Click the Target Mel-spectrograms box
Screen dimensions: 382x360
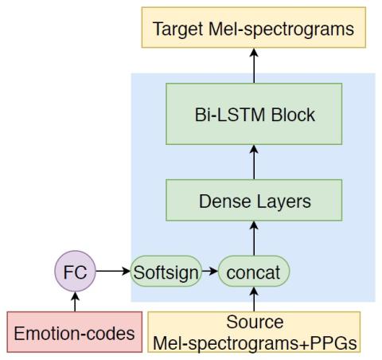[x=254, y=28]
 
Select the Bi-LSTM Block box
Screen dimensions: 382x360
[x=254, y=114]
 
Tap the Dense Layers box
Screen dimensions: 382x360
[x=254, y=200]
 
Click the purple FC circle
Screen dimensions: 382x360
[x=75, y=271]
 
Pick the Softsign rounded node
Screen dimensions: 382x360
[x=166, y=271]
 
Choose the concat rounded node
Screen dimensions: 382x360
[x=254, y=271]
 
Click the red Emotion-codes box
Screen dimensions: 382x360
[x=75, y=332]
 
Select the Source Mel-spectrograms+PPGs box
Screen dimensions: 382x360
[x=254, y=332]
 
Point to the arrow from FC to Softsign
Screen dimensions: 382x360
[x=113, y=271]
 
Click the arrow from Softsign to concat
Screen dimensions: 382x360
[x=210, y=271]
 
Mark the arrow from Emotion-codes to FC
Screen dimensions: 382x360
[x=75, y=302]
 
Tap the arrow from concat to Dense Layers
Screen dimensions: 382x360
[x=254, y=238]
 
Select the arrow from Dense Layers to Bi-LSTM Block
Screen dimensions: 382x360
[x=254, y=162]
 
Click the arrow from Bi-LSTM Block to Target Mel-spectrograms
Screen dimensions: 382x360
[x=254, y=65]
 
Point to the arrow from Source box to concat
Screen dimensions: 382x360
[x=254, y=299]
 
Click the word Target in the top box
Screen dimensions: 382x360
[x=178, y=29]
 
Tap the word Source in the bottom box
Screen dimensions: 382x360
[x=255, y=322]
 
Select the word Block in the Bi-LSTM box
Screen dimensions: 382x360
[x=293, y=115]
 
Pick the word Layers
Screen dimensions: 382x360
[x=284, y=202]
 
